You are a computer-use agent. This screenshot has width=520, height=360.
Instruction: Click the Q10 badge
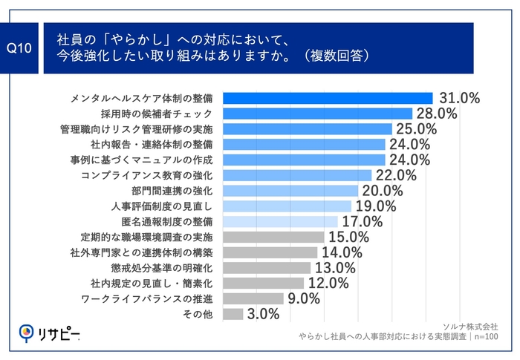[22, 48]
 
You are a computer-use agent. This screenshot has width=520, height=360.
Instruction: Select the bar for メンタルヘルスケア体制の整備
[328, 98]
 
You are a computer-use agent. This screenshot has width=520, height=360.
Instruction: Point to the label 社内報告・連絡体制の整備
[152, 144]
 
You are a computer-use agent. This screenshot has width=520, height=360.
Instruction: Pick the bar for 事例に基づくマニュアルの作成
[304, 160]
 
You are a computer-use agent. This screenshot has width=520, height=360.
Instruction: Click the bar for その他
[233, 314]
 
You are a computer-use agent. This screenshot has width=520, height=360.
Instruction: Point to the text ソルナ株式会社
[469, 326]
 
